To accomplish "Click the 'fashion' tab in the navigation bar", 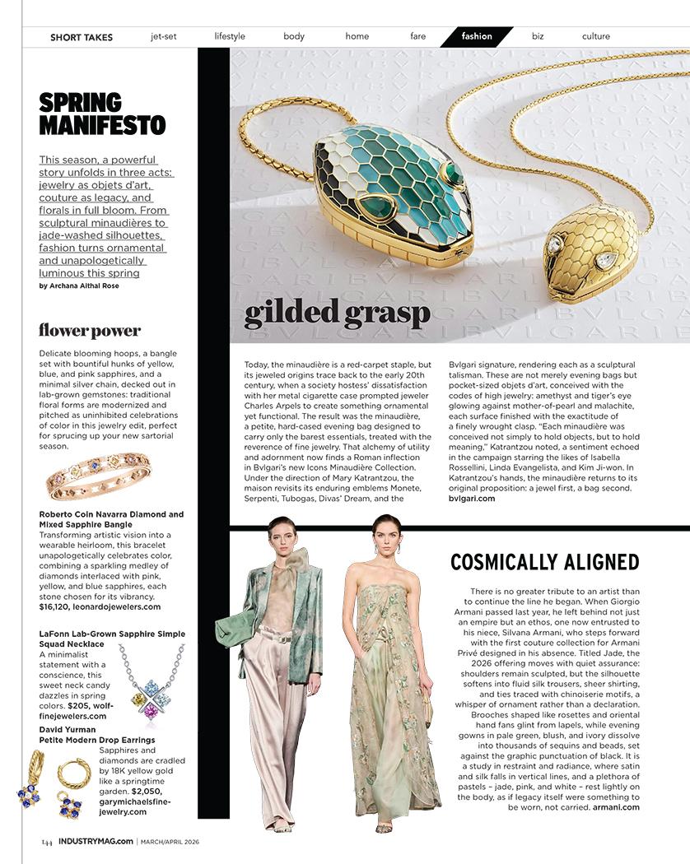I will [x=477, y=36].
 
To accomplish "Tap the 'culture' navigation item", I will [x=595, y=36].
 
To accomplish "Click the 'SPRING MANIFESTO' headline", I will [x=102, y=114].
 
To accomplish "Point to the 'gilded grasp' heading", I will [x=338, y=313].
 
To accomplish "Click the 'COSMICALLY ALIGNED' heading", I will [x=544, y=562].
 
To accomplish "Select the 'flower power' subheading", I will [x=90, y=331].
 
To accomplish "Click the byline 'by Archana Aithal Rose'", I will [x=89, y=286].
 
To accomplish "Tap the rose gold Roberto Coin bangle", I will [x=99, y=476].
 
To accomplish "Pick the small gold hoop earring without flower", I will [x=74, y=773].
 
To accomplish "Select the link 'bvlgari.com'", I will [x=472, y=499].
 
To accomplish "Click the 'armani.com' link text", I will [x=616, y=807].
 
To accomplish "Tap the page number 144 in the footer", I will [x=47, y=841].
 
